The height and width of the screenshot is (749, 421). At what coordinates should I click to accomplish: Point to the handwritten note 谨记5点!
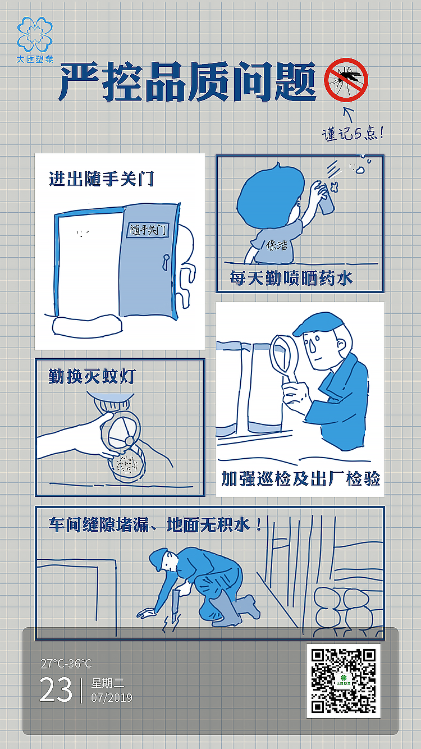tap(353, 134)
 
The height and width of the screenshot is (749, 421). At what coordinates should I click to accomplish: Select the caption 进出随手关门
tap(102, 179)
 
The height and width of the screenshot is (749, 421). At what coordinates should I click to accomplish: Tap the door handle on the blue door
tap(166, 259)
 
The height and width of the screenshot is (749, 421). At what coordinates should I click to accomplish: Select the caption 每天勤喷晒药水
tap(291, 278)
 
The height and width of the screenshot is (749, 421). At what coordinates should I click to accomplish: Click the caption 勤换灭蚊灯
tap(92, 376)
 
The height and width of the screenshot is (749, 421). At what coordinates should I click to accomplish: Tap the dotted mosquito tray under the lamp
tap(127, 463)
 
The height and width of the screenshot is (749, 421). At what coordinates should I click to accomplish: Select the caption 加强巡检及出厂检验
tap(300, 478)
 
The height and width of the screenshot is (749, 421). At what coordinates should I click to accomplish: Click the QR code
tap(344, 681)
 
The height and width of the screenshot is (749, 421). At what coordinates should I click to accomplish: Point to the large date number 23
tap(56, 689)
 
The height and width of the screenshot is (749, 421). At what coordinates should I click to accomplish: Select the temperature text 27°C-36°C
tap(66, 664)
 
